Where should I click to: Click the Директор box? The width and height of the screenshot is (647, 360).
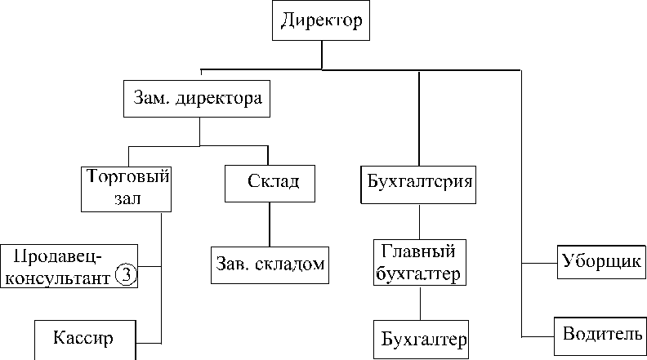(321, 20)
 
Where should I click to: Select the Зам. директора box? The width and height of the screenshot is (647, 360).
(197, 99)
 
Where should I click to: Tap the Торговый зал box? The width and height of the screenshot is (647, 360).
(127, 189)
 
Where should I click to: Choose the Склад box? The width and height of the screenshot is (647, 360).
(270, 184)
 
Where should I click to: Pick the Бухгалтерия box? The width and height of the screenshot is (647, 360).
(418, 184)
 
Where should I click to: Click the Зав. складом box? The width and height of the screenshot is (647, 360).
(270, 265)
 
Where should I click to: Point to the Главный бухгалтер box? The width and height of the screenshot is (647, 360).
(420, 262)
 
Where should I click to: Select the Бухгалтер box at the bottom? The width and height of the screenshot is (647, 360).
(422, 340)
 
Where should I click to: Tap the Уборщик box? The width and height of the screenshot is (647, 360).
(601, 262)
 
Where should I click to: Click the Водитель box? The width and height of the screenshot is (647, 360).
(600, 336)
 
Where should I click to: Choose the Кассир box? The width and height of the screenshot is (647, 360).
(85, 340)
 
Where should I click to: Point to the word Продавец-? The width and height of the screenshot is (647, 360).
(58, 256)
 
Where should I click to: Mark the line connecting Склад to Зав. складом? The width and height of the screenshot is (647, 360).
(270, 224)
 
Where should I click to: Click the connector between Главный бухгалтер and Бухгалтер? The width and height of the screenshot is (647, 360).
(421, 303)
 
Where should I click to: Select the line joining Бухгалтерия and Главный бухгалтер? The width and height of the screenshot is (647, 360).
(420, 221)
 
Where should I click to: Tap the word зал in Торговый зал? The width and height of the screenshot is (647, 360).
(127, 198)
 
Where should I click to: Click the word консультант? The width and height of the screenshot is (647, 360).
(58, 278)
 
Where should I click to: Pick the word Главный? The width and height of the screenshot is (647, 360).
(418, 251)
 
